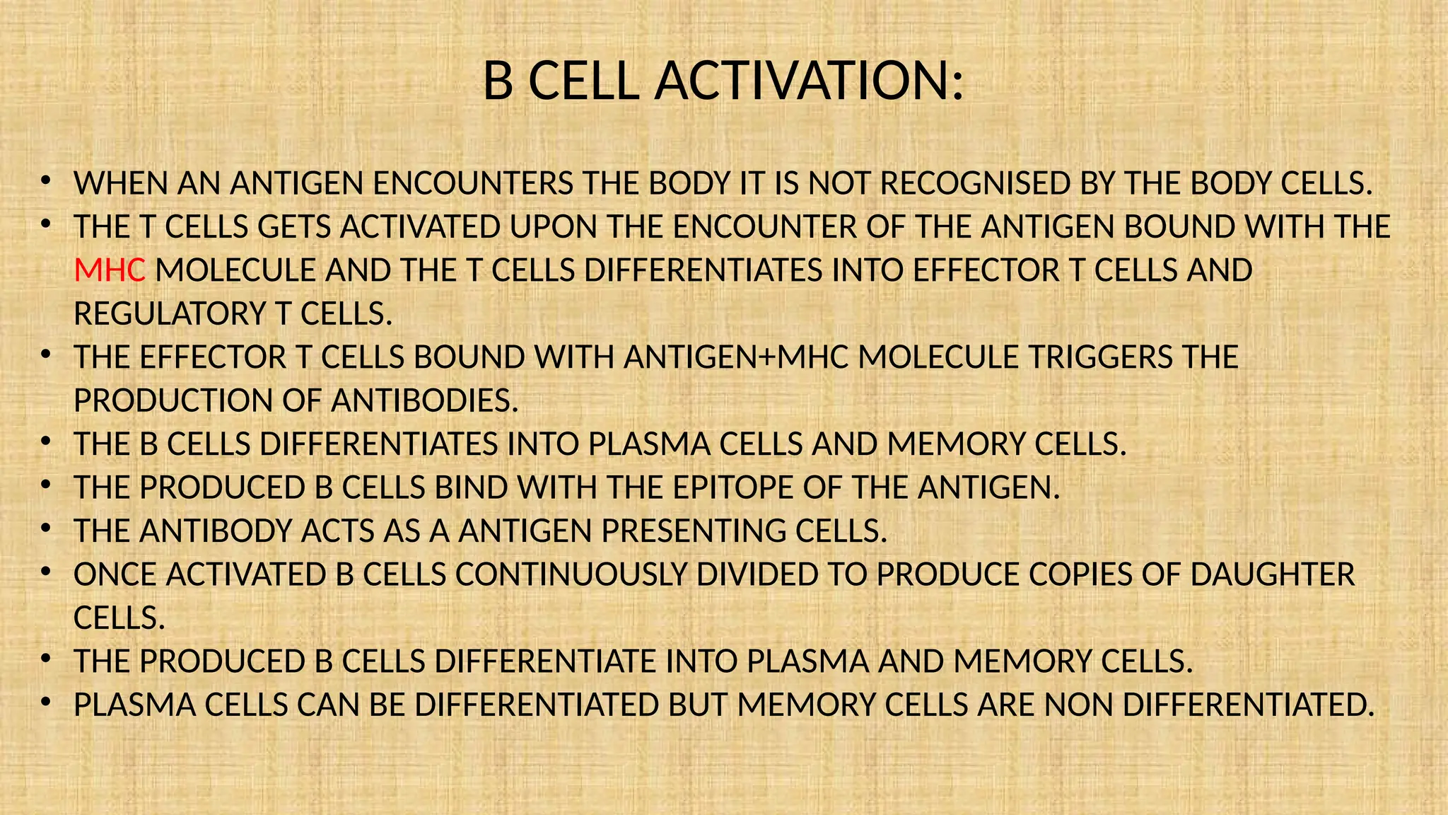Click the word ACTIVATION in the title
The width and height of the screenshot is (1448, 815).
coord(809,81)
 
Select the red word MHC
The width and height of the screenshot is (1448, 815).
coord(110,271)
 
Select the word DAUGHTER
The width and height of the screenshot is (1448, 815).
coord(1273,575)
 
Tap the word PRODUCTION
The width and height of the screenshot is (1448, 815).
coord(173,401)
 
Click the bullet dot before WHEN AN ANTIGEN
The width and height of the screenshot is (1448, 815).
coord(45,181)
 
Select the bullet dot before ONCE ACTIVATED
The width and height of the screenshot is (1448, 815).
coord(45,572)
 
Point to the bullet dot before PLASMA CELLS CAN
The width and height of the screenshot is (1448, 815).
coord(45,703)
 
